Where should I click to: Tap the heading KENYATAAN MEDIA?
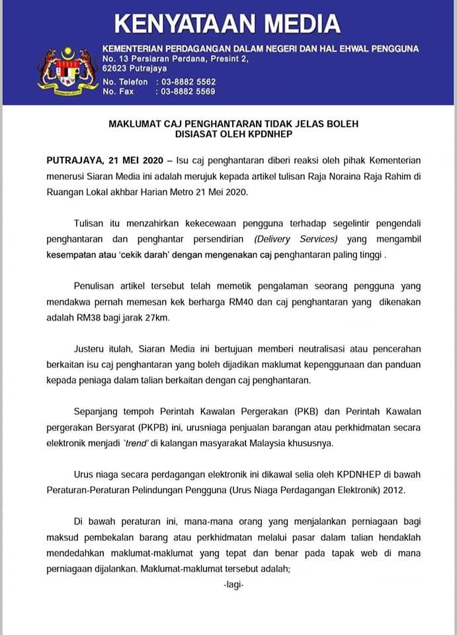click(x=228, y=24)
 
